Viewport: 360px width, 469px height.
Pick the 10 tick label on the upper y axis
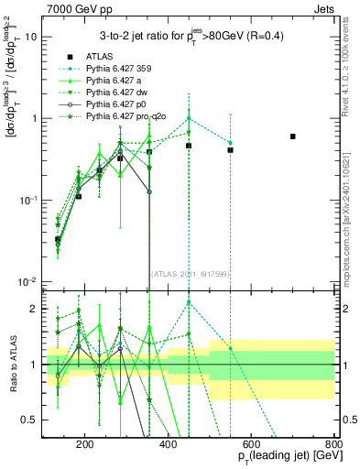32,37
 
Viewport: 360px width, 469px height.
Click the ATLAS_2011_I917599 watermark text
187,274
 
